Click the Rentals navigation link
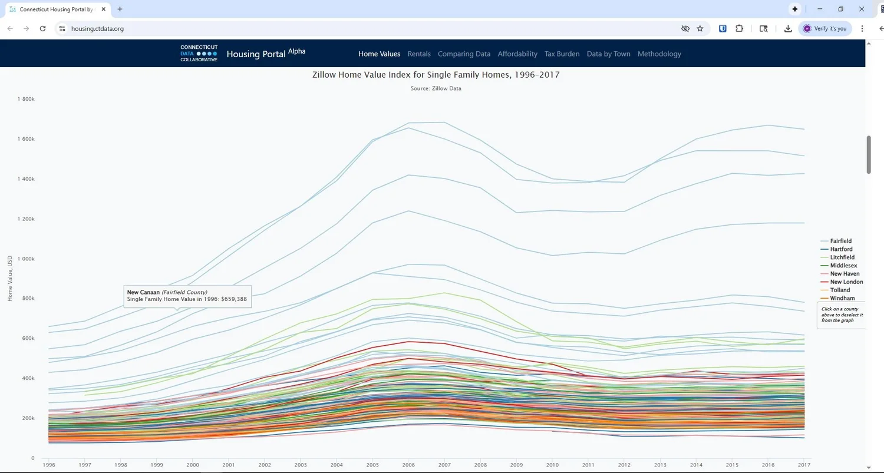(419, 54)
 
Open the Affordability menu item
(517, 54)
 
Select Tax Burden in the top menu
(562, 54)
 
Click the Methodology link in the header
(659, 54)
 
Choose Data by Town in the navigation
(608, 54)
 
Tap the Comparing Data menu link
(464, 54)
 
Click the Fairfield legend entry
(840, 241)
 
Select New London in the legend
(846, 282)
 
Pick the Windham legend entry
(842, 299)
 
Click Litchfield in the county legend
(842, 257)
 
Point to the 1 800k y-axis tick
(27, 99)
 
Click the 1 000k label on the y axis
(27, 259)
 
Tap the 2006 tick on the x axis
(408, 465)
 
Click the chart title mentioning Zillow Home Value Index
(436, 75)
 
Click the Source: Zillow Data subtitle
(436, 88)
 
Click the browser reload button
(42, 28)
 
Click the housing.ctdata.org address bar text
(97, 28)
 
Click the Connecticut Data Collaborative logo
(199, 54)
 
